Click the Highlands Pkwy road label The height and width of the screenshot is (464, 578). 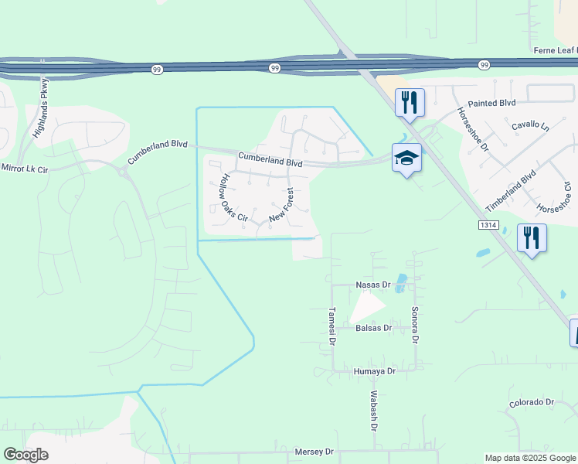coord(41,109)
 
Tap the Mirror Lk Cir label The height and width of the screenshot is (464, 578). coord(24,167)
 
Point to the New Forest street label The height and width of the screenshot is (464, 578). coord(282,206)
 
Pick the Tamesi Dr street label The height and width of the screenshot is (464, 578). coord(331,326)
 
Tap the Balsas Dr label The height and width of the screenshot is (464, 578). coord(374,328)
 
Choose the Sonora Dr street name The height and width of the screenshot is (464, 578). coord(415,325)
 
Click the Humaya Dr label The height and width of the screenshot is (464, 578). coord(374,371)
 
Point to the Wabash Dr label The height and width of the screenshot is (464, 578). coord(373,411)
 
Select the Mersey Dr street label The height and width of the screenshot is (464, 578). coord(314,451)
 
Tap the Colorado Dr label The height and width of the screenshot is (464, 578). coord(532,402)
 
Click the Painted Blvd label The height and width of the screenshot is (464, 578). coord(491,102)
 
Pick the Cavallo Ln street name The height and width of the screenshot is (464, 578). coord(529,125)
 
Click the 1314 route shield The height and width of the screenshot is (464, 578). coord(486,224)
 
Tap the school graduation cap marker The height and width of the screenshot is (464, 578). coord(406,158)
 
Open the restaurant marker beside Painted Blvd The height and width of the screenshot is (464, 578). coord(410,102)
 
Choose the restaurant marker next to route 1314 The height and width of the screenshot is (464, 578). coord(531,237)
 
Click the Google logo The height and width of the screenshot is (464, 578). coord(25,455)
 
